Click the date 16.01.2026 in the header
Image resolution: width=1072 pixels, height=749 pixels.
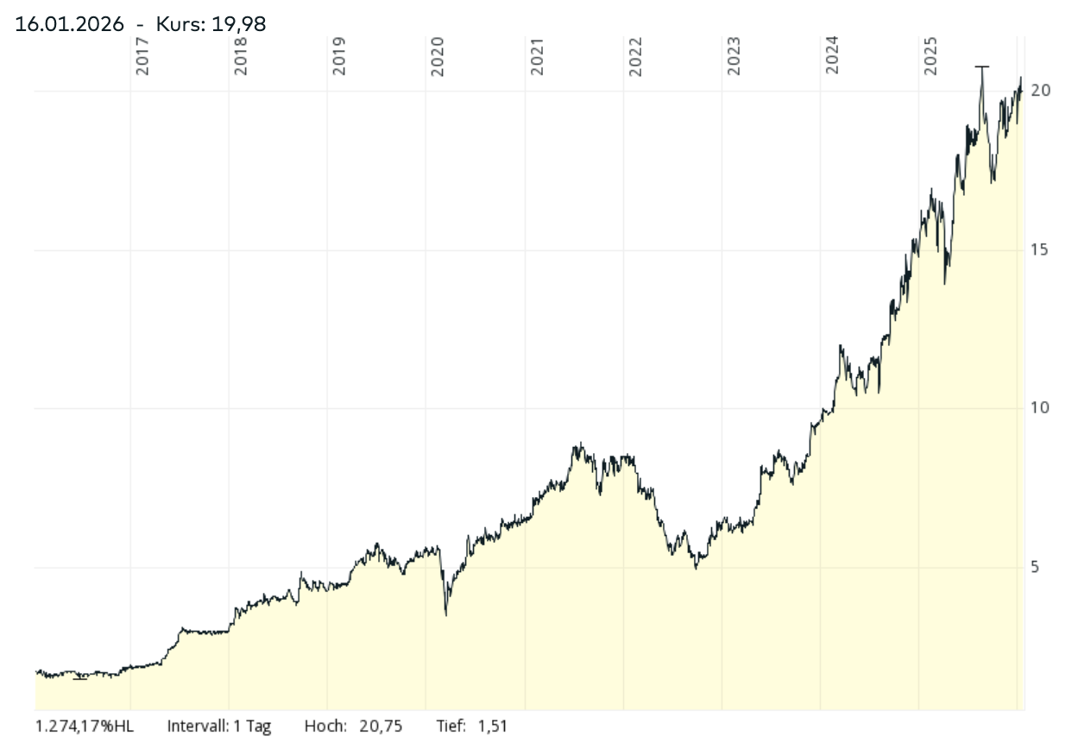click(x=69, y=23)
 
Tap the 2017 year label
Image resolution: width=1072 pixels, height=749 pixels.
click(x=142, y=56)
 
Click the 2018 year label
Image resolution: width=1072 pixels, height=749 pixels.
click(x=241, y=56)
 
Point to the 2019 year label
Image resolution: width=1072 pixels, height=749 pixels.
click(x=339, y=56)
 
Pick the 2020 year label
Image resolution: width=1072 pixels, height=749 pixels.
click(x=438, y=56)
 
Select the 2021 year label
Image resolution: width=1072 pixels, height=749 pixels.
click(x=537, y=56)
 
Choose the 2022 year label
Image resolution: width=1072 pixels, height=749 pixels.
click(x=635, y=56)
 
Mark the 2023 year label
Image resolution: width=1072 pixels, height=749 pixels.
click(x=734, y=56)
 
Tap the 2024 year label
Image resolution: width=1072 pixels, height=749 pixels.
click(x=832, y=56)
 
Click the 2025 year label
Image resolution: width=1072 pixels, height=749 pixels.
click(x=930, y=56)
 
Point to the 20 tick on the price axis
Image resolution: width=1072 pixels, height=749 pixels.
click(x=1040, y=91)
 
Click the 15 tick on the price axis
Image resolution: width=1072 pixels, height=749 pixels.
click(x=1040, y=249)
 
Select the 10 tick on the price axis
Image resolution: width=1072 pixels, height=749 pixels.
click(x=1040, y=408)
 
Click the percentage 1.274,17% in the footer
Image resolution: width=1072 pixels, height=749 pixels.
click(x=75, y=727)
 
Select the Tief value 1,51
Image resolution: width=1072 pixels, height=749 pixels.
click(x=493, y=727)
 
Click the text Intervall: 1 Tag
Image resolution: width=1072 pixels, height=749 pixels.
click(x=219, y=727)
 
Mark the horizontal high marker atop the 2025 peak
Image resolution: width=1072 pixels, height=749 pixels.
click(x=981, y=66)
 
